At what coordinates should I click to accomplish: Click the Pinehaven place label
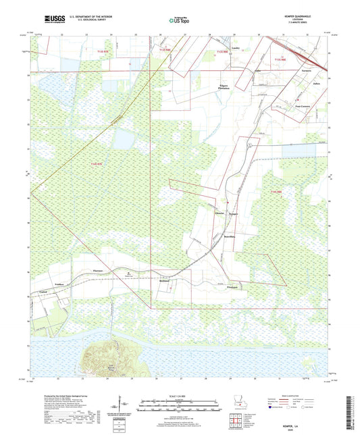click(x=234, y=286)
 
